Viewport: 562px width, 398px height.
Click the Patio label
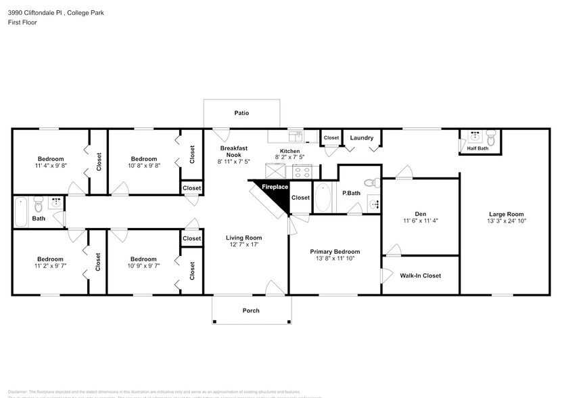click(x=241, y=113)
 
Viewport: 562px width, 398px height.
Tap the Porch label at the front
click(x=251, y=311)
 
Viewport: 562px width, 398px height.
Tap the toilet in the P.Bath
click(x=370, y=182)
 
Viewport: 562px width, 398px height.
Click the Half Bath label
click(x=473, y=149)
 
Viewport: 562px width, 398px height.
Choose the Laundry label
click(x=362, y=138)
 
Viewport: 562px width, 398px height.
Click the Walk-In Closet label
click(x=420, y=275)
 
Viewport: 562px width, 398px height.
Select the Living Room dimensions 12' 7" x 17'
click(x=243, y=244)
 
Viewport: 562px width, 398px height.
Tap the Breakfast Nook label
click(x=233, y=152)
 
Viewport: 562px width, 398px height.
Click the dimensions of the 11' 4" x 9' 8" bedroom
click(x=50, y=165)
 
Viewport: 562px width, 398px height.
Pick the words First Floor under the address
click(x=23, y=22)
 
